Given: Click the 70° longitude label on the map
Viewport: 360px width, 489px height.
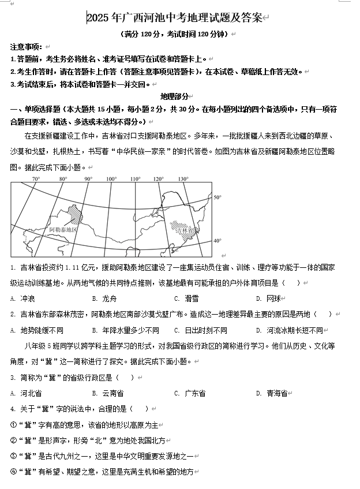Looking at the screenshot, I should [x=36, y=179].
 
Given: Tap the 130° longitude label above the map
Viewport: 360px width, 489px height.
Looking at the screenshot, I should [x=183, y=179].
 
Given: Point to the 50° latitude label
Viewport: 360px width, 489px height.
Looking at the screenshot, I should [x=217, y=197].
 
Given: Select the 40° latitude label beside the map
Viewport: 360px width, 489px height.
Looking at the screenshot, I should [x=217, y=240].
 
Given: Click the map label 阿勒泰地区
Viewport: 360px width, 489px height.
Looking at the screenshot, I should [x=63, y=229].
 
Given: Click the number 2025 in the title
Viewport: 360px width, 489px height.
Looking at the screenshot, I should [x=97, y=18].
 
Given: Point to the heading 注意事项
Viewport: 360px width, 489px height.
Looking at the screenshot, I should [x=25, y=47].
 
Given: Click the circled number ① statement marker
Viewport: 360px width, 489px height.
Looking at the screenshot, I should [x=14, y=424].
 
